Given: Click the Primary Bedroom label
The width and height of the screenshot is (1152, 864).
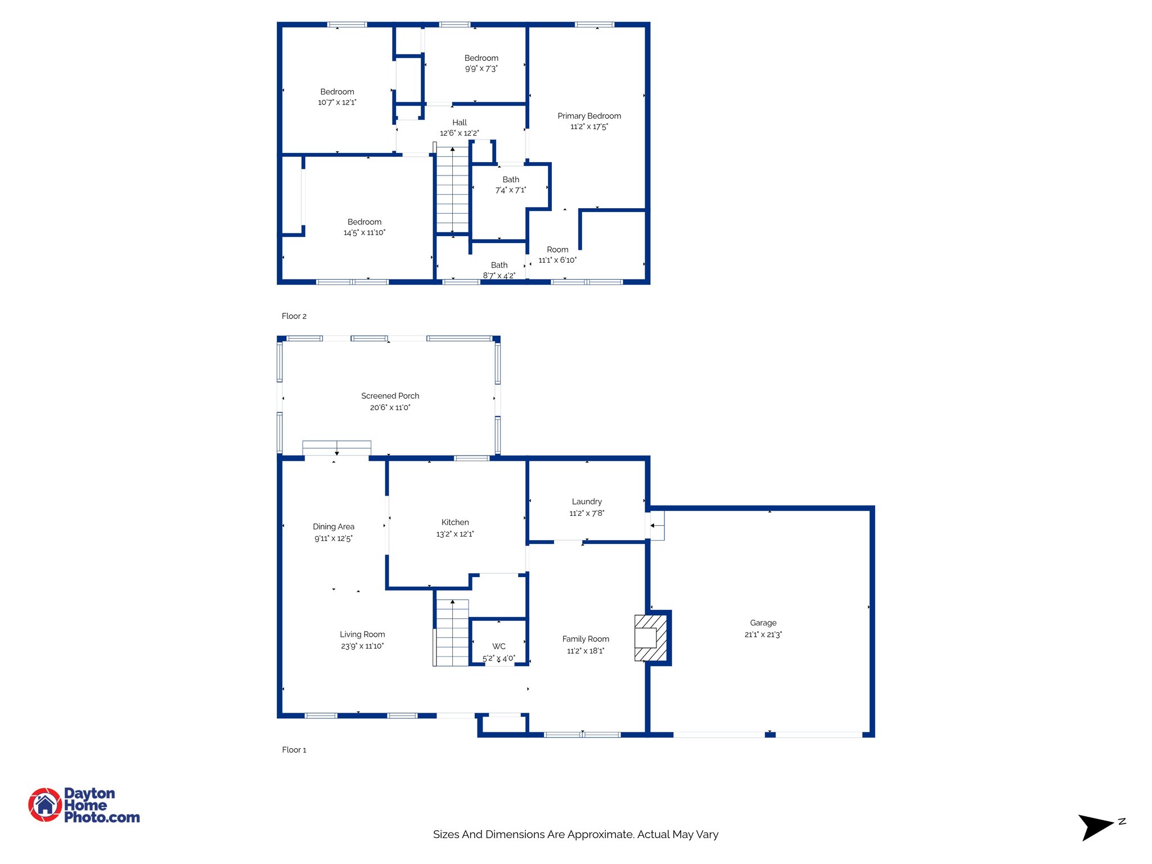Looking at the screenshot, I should click(x=589, y=116).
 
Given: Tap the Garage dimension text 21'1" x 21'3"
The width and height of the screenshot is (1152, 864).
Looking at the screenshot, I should click(x=763, y=634).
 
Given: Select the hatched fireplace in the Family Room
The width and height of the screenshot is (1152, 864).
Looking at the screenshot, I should click(x=651, y=638).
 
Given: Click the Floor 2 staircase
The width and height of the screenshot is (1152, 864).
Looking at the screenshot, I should click(x=452, y=190).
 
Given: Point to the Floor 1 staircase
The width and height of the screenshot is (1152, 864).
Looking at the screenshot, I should click(x=452, y=633).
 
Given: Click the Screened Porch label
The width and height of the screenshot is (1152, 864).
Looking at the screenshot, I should click(x=390, y=396).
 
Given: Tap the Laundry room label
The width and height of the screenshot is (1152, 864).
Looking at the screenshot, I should click(x=587, y=502).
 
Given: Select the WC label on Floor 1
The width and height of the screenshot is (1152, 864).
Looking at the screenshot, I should click(x=499, y=646).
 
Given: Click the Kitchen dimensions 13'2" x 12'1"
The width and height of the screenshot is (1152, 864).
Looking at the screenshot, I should click(x=455, y=534).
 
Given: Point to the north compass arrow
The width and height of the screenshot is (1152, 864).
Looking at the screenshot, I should click(x=1095, y=826).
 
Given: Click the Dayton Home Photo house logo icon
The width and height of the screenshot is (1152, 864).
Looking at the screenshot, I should click(x=45, y=804).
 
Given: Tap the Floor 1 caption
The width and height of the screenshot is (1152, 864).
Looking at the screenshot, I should click(x=294, y=750).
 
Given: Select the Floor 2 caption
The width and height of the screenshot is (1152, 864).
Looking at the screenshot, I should click(x=294, y=316).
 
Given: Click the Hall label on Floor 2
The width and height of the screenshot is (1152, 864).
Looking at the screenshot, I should click(x=460, y=123).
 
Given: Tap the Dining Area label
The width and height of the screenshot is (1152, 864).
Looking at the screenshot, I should click(x=334, y=527).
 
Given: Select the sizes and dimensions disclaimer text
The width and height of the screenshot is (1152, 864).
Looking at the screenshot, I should click(x=575, y=834).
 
